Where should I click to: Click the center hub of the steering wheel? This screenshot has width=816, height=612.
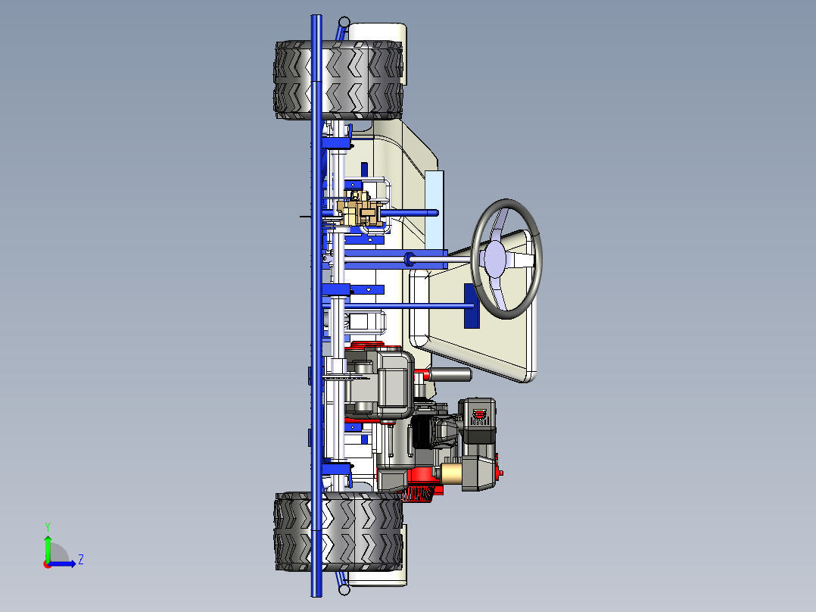tap(495, 258)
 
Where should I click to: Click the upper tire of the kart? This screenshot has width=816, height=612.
tap(338, 80)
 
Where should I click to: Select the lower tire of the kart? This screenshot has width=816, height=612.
tap(338, 531)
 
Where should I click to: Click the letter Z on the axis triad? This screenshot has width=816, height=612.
tap(80, 560)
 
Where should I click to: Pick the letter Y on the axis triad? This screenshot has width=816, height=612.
tap(48, 526)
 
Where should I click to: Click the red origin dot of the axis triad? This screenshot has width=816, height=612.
tap(47, 564)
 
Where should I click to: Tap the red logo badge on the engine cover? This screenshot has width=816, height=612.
tap(478, 415)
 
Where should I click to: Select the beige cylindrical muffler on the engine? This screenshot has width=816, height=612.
tap(451, 475)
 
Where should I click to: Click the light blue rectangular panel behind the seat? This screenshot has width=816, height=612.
tap(434, 208)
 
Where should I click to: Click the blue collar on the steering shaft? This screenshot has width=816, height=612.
tap(410, 259)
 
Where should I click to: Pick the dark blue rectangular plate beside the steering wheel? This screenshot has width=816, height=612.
tap(471, 306)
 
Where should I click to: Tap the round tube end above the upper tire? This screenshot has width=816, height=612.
tap(344, 22)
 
